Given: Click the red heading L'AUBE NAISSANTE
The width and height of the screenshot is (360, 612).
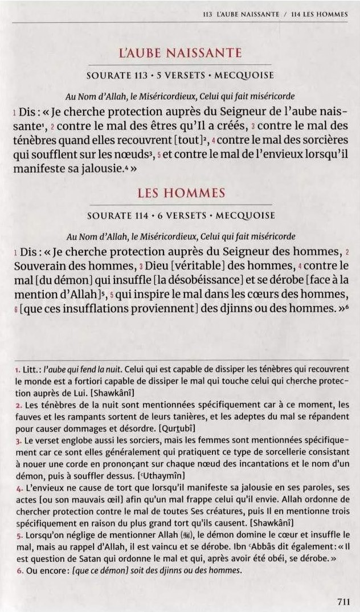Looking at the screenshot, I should (180, 54).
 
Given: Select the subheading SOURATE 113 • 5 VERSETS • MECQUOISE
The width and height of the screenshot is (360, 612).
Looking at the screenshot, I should (180, 75).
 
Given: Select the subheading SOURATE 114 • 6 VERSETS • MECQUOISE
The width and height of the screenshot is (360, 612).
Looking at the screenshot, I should (180, 215).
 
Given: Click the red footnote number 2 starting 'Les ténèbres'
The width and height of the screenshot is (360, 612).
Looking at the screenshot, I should (18, 405).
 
